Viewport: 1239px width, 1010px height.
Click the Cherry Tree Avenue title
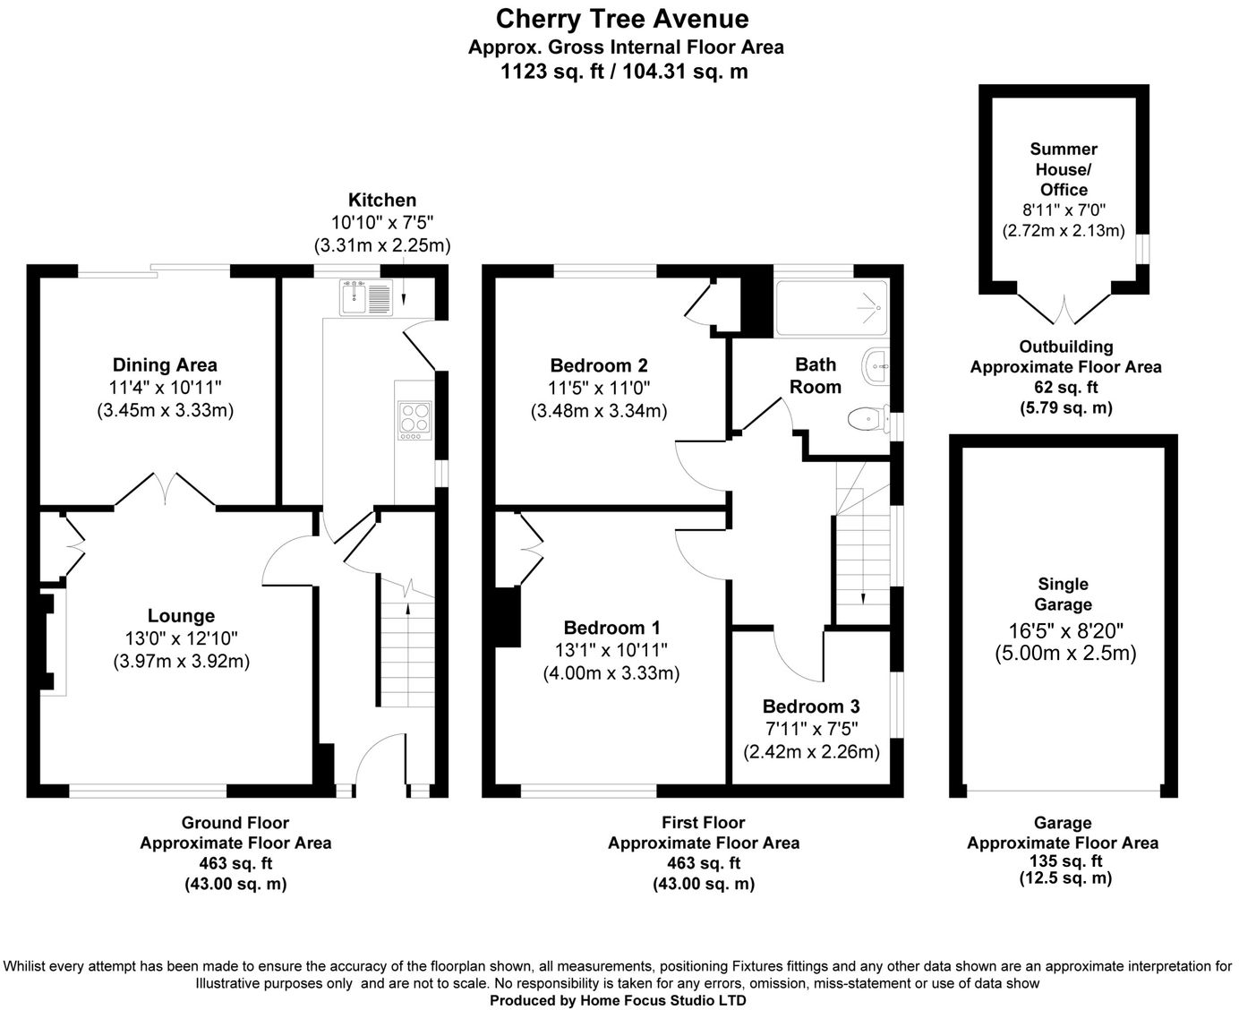tap(622, 19)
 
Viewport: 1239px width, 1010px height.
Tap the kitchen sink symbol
tap(365, 297)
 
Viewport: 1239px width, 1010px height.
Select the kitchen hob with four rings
tap(413, 418)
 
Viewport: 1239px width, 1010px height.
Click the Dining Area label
tap(165, 364)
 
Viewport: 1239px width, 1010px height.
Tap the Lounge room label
tap(181, 616)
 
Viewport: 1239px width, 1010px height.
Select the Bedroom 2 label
tap(599, 365)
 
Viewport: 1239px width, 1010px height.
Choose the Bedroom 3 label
tap(811, 706)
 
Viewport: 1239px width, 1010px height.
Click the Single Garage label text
tap(1064, 595)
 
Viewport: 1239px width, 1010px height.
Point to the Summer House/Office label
tap(1064, 169)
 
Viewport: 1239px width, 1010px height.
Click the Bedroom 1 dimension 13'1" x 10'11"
tap(611, 650)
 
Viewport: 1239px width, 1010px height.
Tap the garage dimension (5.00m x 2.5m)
tap(1065, 654)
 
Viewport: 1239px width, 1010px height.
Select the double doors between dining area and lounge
tap(165, 489)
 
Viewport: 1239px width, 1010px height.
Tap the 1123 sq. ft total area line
tap(624, 73)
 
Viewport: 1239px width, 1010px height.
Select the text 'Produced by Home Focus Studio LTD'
tap(618, 1000)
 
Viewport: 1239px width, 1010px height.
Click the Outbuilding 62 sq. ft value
tap(1065, 388)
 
